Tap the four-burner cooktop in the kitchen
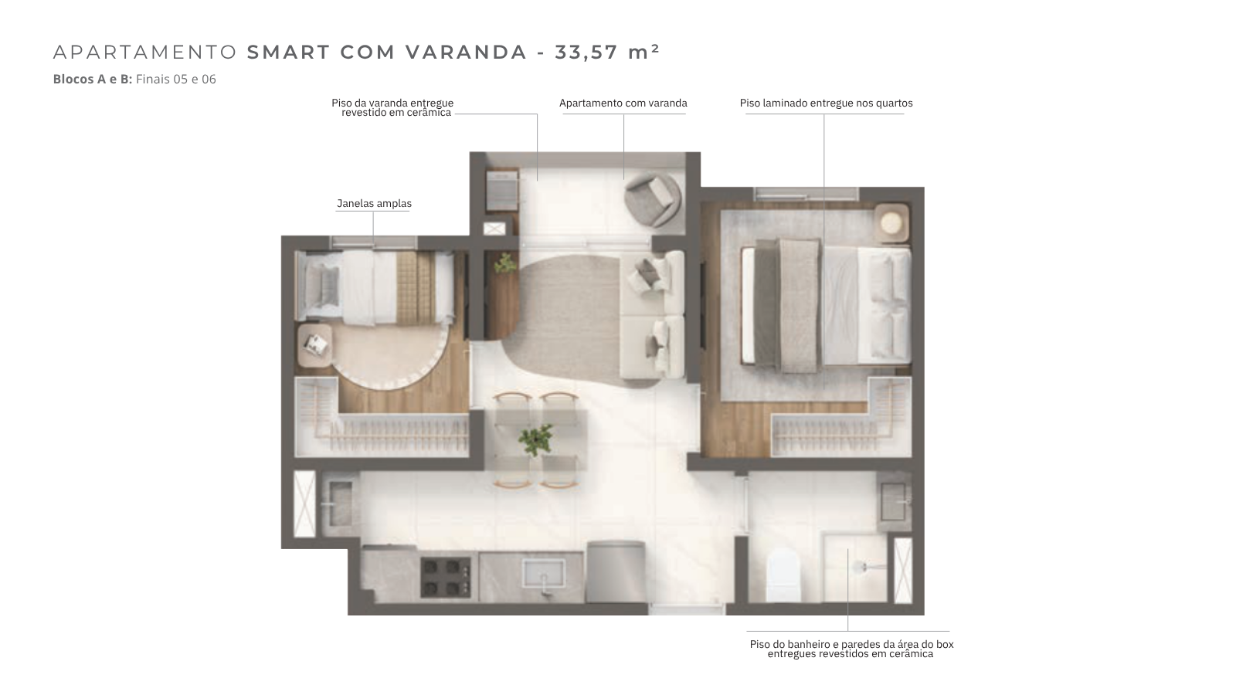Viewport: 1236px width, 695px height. (x=446, y=578)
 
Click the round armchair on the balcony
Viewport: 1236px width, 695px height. (x=652, y=199)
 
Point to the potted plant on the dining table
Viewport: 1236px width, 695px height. (x=535, y=439)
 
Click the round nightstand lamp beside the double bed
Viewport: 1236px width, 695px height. (x=891, y=223)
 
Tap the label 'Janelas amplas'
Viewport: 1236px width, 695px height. (x=374, y=204)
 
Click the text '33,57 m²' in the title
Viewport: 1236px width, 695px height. (x=607, y=52)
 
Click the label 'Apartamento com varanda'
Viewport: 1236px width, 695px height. (x=623, y=103)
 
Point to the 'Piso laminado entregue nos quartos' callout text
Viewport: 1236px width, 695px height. (x=826, y=103)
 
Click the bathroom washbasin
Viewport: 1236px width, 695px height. (x=893, y=501)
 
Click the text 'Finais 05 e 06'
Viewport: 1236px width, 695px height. (x=176, y=80)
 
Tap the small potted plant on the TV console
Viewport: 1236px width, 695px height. (x=505, y=263)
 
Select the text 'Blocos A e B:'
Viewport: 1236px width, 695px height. (x=93, y=80)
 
